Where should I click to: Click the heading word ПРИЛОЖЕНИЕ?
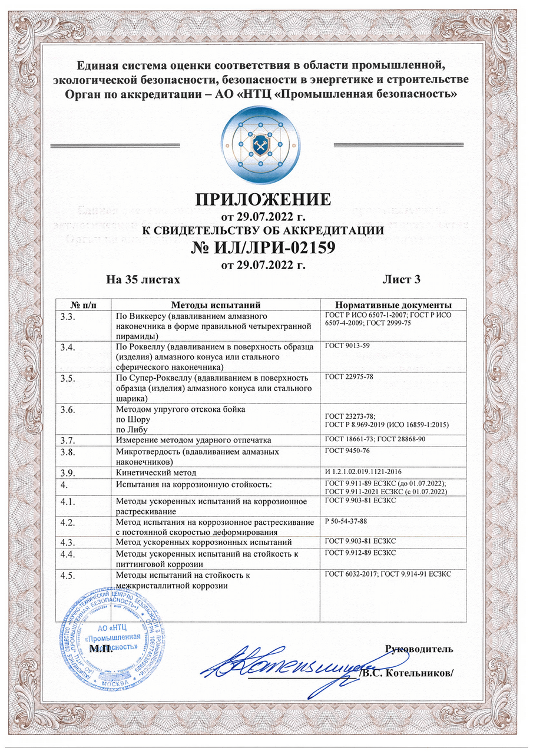point(263,197)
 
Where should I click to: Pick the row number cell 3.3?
point(69,317)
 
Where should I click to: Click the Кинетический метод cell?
point(156,473)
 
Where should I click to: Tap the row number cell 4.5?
point(69,576)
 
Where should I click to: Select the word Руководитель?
point(419,649)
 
